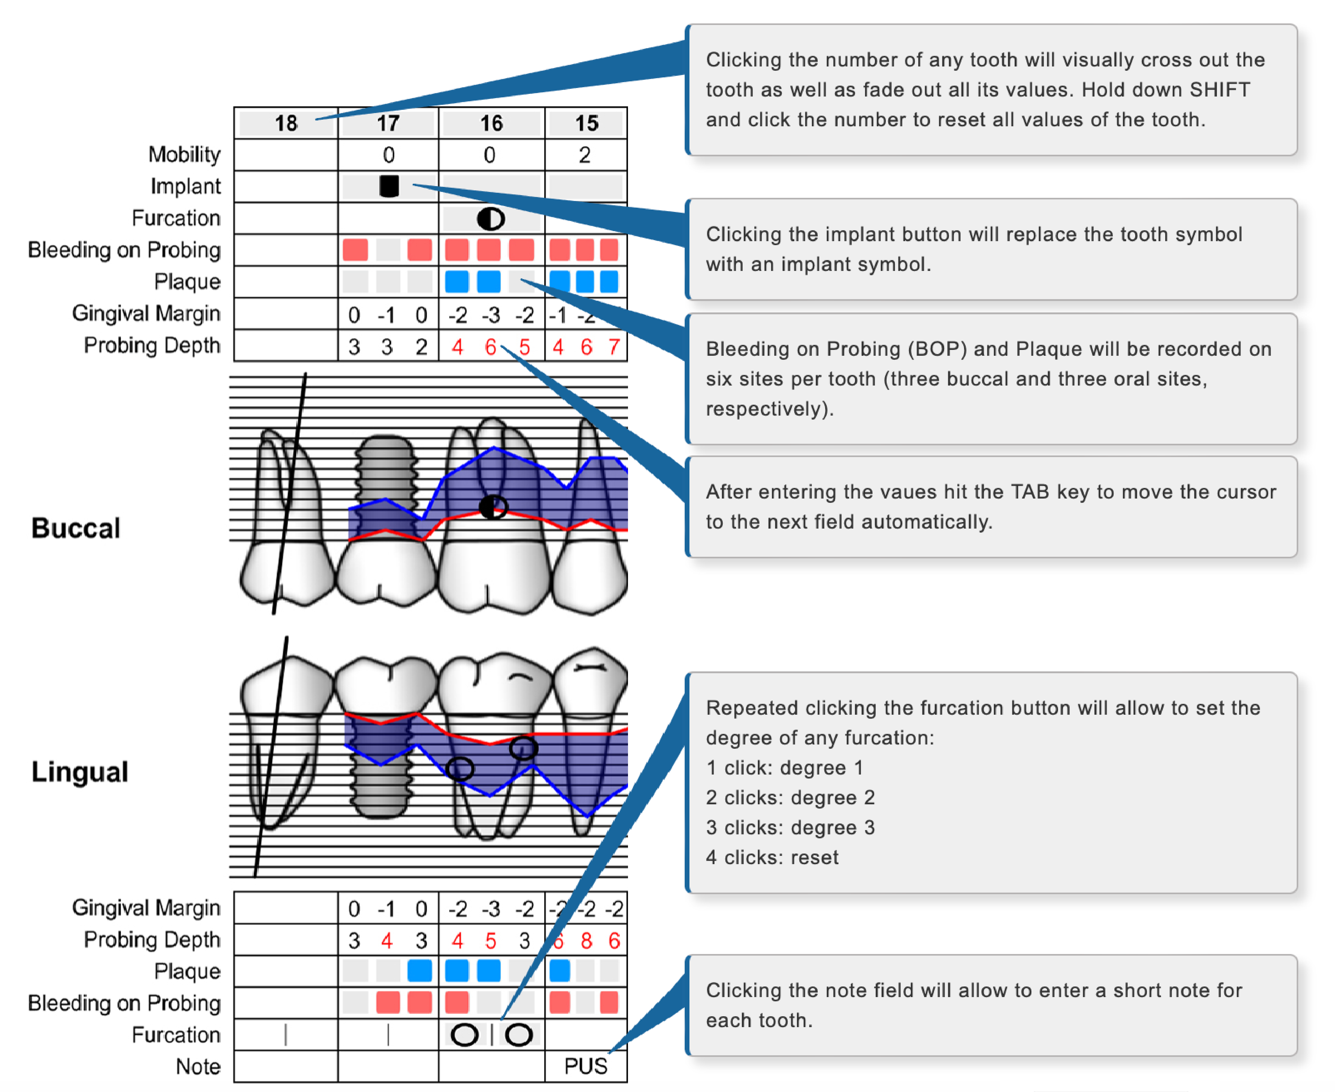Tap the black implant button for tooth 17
(x=389, y=186)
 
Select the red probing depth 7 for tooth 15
(x=614, y=347)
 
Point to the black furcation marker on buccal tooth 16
(x=492, y=506)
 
